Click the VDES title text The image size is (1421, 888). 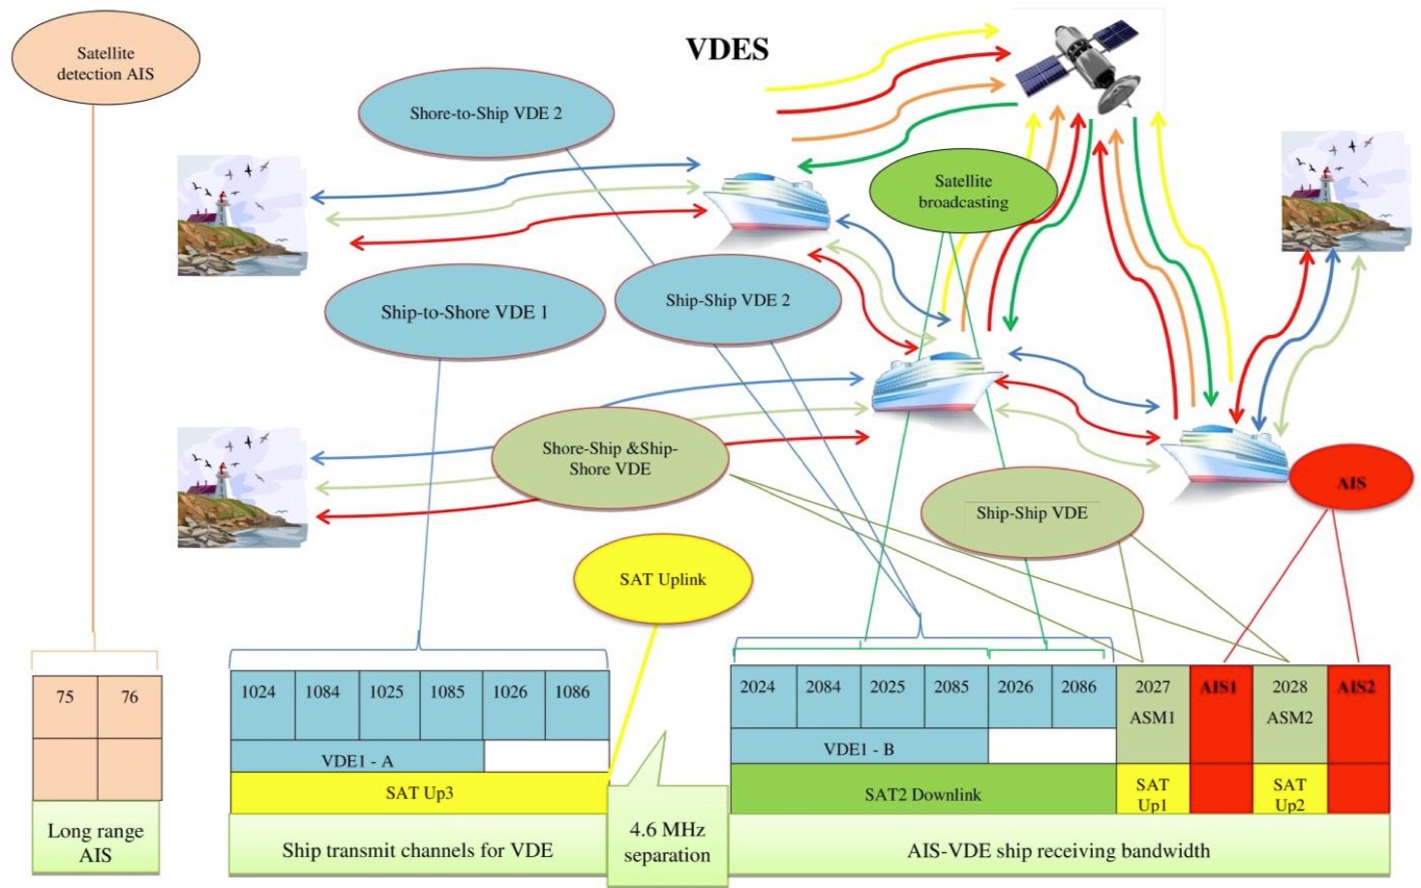coord(727,49)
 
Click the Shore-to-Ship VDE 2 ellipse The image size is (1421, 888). coord(486,113)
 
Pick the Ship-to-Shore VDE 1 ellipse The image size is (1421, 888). coord(465,312)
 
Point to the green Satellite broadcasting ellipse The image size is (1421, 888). coord(963,192)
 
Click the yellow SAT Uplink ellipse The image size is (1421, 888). coord(663,579)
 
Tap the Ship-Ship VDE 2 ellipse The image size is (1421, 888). coord(728,300)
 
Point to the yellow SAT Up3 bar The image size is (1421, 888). coord(419,793)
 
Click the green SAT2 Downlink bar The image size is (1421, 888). coord(922,794)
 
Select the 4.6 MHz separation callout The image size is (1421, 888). coord(667,842)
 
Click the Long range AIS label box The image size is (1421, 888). coord(96,842)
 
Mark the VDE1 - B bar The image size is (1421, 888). coord(859,749)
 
